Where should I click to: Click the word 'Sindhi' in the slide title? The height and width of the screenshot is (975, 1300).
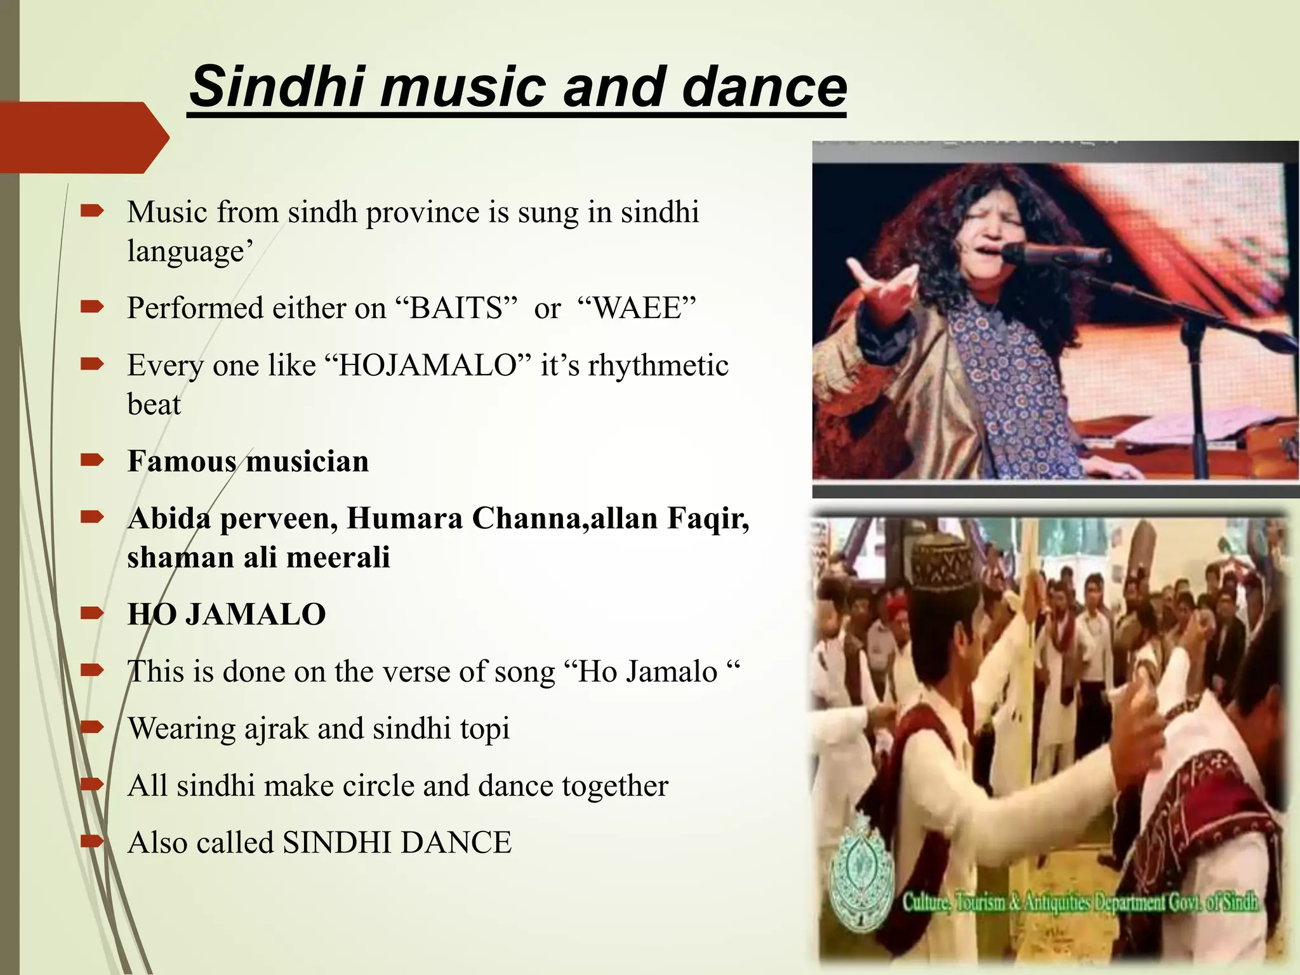point(275,86)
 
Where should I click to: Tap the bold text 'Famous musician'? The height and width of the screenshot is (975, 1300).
point(248,461)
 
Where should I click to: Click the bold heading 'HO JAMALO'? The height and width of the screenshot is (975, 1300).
point(227,614)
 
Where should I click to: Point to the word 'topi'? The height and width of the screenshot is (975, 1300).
point(485,729)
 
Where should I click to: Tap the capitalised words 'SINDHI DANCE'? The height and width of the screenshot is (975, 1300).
point(397,843)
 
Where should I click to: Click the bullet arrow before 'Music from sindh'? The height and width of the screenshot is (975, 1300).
point(92,212)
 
